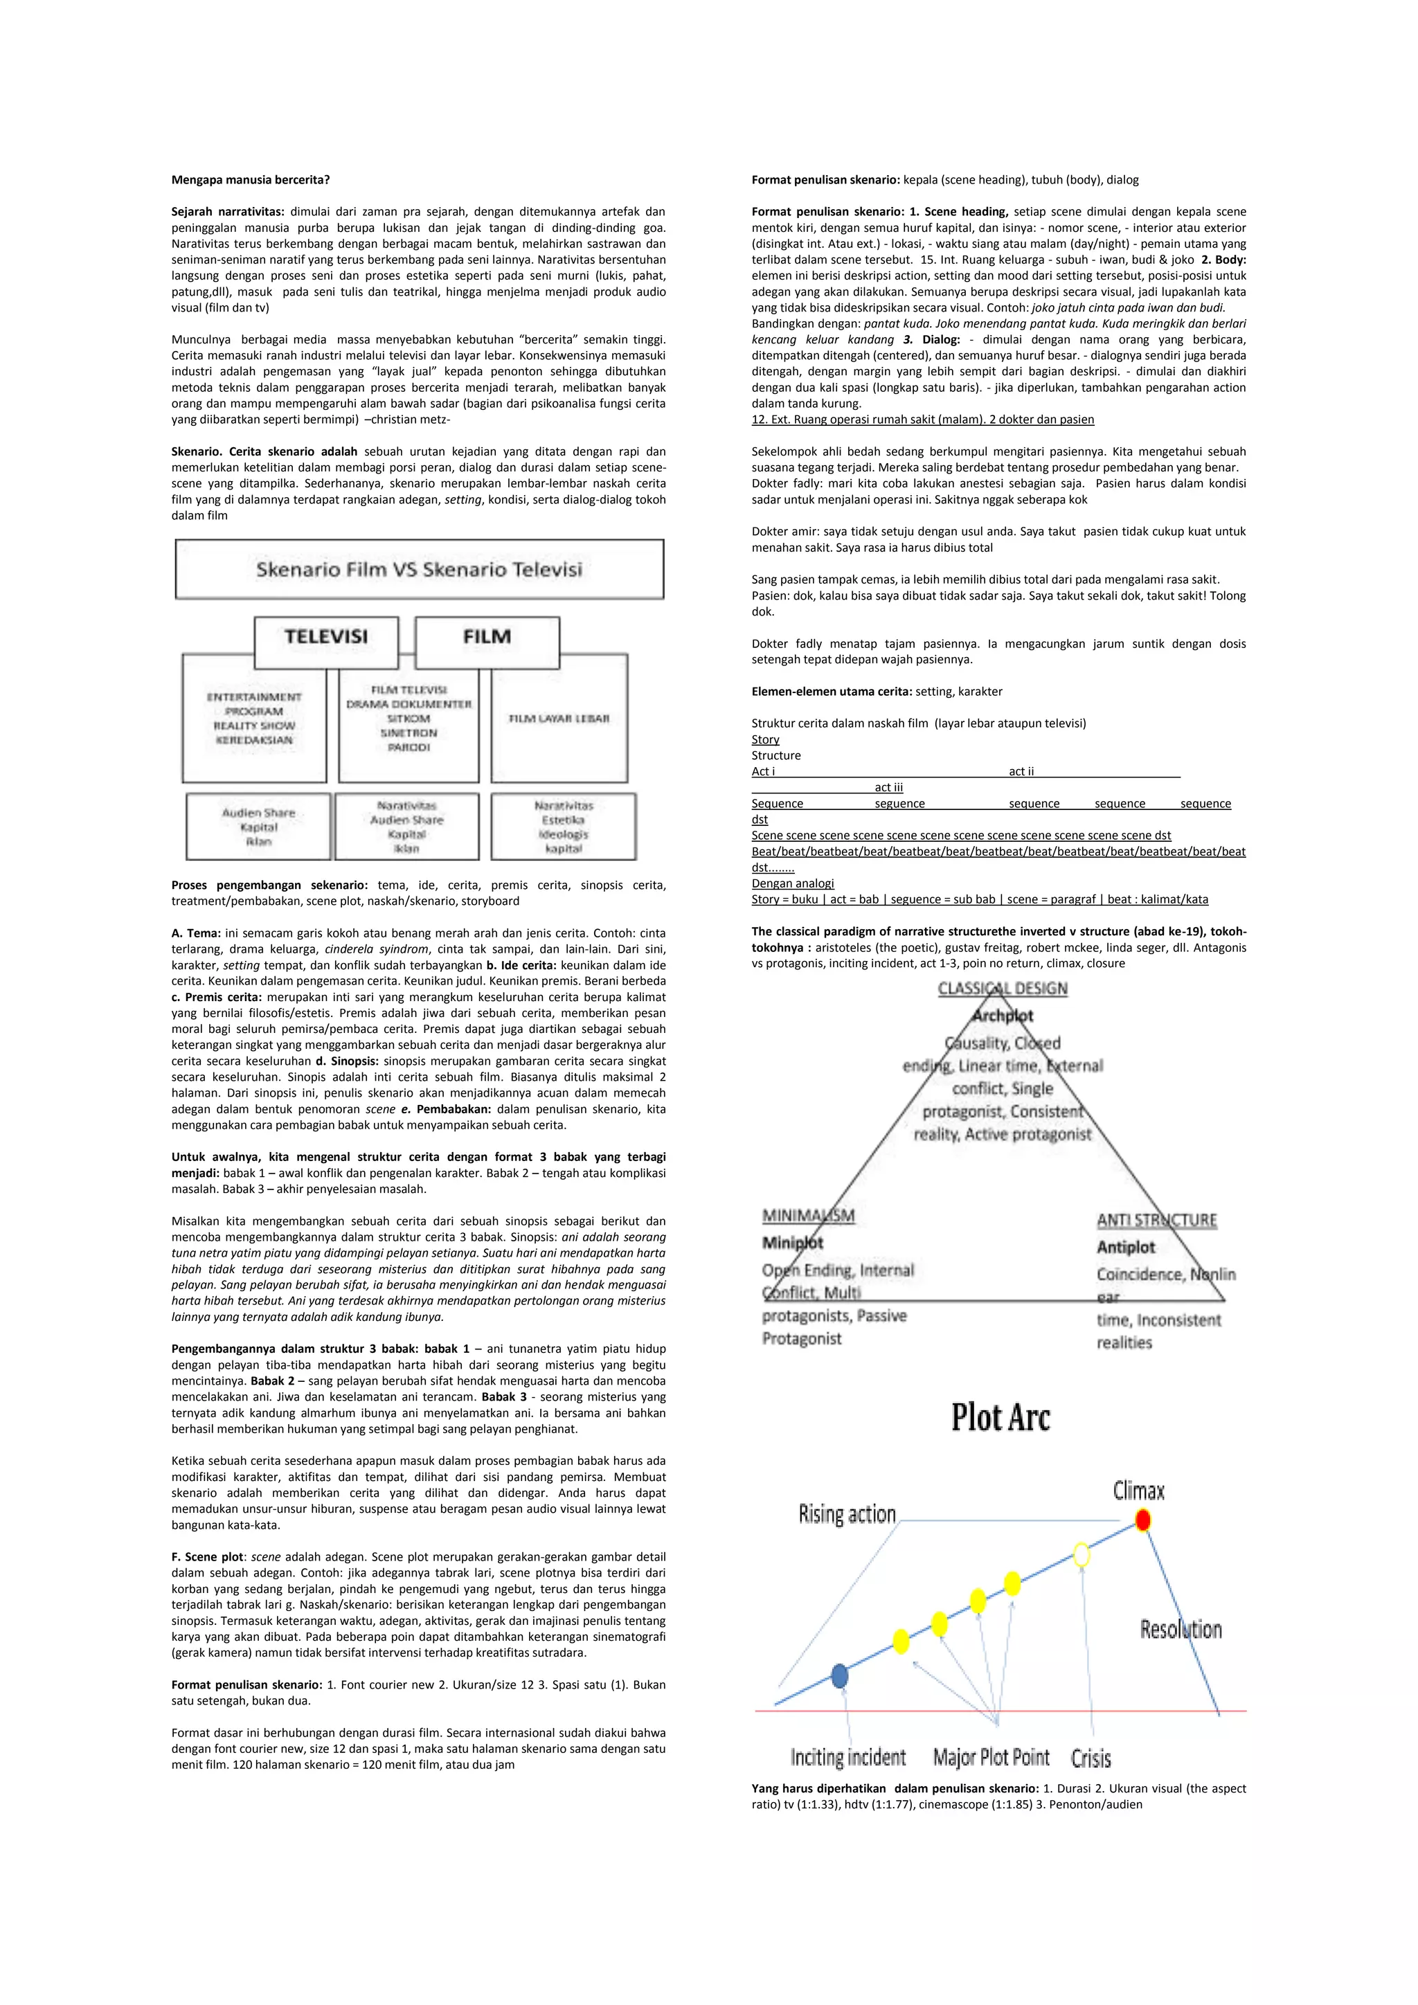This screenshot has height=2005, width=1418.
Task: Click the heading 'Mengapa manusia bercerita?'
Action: tap(251, 180)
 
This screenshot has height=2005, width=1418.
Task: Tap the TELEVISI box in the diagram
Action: tap(325, 638)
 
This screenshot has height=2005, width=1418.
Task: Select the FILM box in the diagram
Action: tap(487, 638)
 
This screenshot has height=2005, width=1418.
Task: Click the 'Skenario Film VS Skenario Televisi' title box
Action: tap(419, 569)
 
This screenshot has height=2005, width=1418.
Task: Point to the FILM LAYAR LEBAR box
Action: tap(559, 719)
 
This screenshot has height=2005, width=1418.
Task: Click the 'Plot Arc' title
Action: tap(1000, 1417)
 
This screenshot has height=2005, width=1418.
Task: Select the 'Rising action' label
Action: tap(847, 1513)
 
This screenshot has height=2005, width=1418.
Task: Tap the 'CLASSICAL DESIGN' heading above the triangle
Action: tap(1003, 989)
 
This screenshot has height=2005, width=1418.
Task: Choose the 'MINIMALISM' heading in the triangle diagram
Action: tap(809, 1216)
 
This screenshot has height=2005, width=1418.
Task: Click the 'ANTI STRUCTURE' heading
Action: tap(1156, 1220)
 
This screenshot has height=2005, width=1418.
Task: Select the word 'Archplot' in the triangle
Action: tap(1003, 1016)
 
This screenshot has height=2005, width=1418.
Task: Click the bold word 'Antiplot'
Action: tap(1126, 1247)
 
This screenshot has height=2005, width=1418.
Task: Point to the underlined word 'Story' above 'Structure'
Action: tap(765, 739)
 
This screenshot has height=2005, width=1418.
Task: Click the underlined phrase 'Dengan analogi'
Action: tap(793, 883)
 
